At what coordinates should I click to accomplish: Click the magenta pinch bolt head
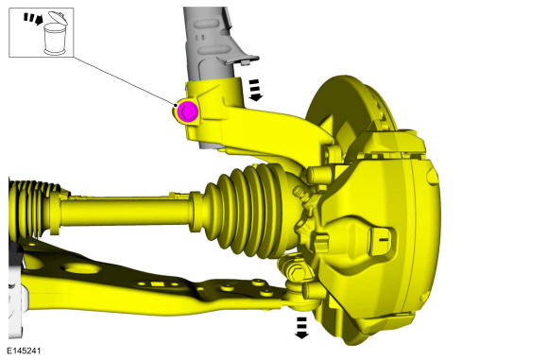point(187,111)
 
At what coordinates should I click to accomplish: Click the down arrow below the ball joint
point(301,327)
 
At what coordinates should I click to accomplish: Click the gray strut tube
point(203,43)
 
